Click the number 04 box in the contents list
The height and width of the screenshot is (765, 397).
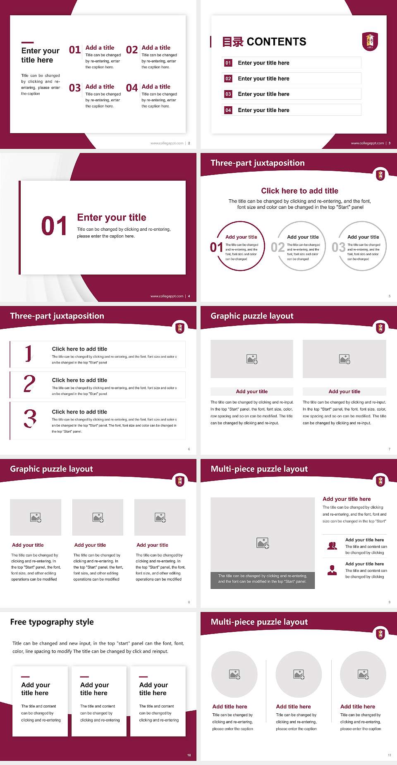coord(228,110)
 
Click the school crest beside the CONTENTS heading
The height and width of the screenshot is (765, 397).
coord(370,41)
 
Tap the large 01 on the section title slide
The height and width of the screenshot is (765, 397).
coord(54,226)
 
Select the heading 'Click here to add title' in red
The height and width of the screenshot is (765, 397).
coord(299,191)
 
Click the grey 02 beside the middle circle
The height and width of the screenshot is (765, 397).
coord(277,247)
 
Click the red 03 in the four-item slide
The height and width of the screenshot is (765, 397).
coord(75,88)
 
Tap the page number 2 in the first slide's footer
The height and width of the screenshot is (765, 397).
coord(189,143)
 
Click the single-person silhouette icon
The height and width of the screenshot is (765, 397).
coord(332,570)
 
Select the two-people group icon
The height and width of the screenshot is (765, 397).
coord(332,546)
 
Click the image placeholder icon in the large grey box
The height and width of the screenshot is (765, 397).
coord(263,543)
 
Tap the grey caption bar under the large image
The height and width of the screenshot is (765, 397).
coord(263,579)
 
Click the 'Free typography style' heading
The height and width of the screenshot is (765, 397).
coord(52,622)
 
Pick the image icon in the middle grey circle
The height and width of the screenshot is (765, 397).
coord(299,674)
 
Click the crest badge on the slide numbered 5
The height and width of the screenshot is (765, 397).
coord(380,175)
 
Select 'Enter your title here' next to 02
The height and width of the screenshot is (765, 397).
coord(263,79)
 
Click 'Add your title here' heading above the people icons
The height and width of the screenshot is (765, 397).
coord(347,499)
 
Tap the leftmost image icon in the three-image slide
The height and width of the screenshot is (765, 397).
coord(36,517)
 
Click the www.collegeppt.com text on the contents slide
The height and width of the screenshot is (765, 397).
coord(367,143)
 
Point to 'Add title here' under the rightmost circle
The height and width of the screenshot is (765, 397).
coord(358,707)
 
